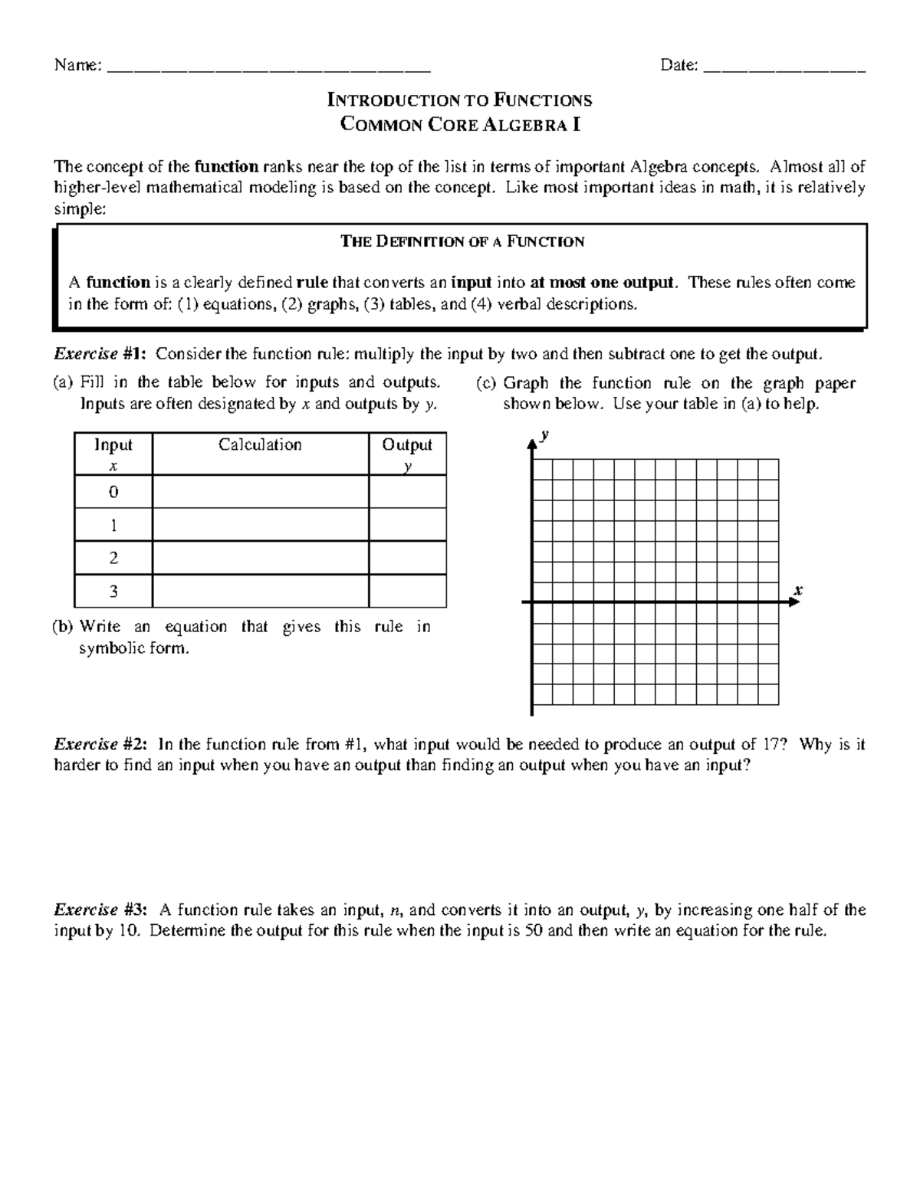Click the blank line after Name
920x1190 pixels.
pos(268,67)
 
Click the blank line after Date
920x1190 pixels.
pos(784,67)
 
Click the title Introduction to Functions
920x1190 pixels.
pos(459,100)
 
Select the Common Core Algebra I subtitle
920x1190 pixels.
pos(459,124)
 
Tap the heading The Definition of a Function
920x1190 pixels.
pos(462,242)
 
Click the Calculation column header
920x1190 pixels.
pos(260,445)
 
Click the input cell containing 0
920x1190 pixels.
pos(113,492)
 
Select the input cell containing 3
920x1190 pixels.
pos(113,592)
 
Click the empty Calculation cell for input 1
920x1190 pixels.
pos(260,526)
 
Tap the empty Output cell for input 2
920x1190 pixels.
pos(407,559)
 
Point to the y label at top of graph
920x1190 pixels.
pos(544,434)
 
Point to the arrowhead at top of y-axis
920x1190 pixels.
pos(531,444)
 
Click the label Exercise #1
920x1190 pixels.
pos(100,354)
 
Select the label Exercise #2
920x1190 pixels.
pos(100,744)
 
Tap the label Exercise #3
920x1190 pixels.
pos(100,910)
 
